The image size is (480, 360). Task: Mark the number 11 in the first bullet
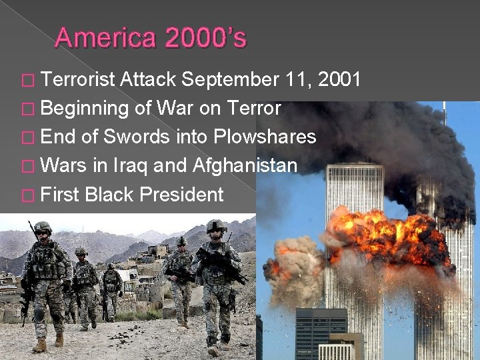pos(294,81)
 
